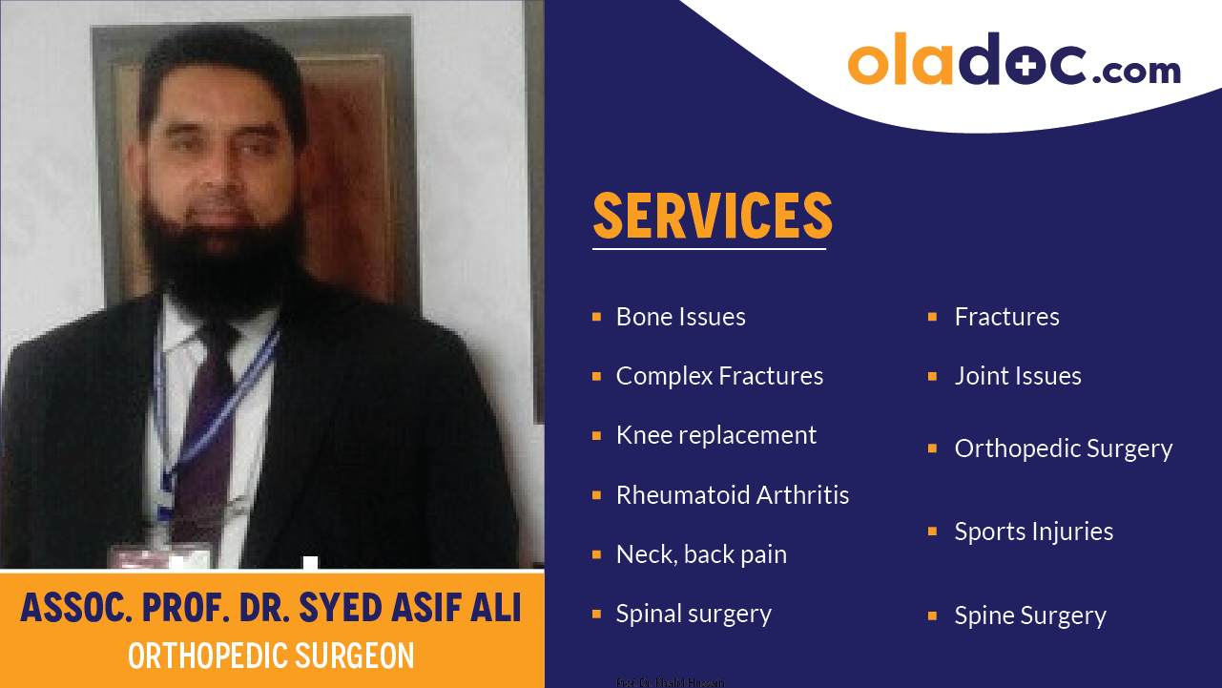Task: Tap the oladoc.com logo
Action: click(1014, 61)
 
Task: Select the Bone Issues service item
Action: click(680, 317)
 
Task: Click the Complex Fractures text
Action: click(719, 376)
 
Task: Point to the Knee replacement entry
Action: click(715, 435)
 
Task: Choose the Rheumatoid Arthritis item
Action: click(732, 495)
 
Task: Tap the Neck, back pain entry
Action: click(701, 554)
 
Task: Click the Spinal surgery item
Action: click(694, 614)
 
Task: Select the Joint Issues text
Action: click(1018, 376)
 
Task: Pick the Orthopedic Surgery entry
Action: click(1064, 448)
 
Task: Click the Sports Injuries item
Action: click(1034, 532)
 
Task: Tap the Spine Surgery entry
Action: click(1030, 615)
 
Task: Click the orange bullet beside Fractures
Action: click(932, 317)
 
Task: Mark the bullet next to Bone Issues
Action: click(596, 317)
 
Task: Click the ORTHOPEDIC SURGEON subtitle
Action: click(271, 657)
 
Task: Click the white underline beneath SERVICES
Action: click(709, 249)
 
